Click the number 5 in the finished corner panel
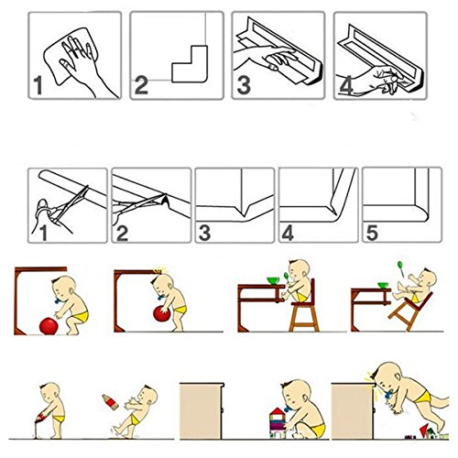pos(372,233)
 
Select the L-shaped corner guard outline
pos(190,64)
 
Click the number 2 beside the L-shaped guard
pos(141,85)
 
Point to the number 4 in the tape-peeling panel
pos(346,85)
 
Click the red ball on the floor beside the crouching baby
pos(49,326)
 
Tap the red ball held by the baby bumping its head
pos(162,314)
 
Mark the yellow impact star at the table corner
pos(159,270)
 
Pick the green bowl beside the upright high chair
pos(274,280)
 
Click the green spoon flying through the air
pos(400,267)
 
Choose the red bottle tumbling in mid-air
pos(111,402)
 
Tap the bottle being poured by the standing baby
pos(40,417)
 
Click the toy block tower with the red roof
pos(278,423)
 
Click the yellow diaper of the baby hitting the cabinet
pos(424,397)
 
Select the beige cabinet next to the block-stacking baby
pos(202,411)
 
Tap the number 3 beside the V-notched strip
pos(204,233)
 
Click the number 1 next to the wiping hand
pos(38,85)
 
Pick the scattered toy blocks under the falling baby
pos(427,432)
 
